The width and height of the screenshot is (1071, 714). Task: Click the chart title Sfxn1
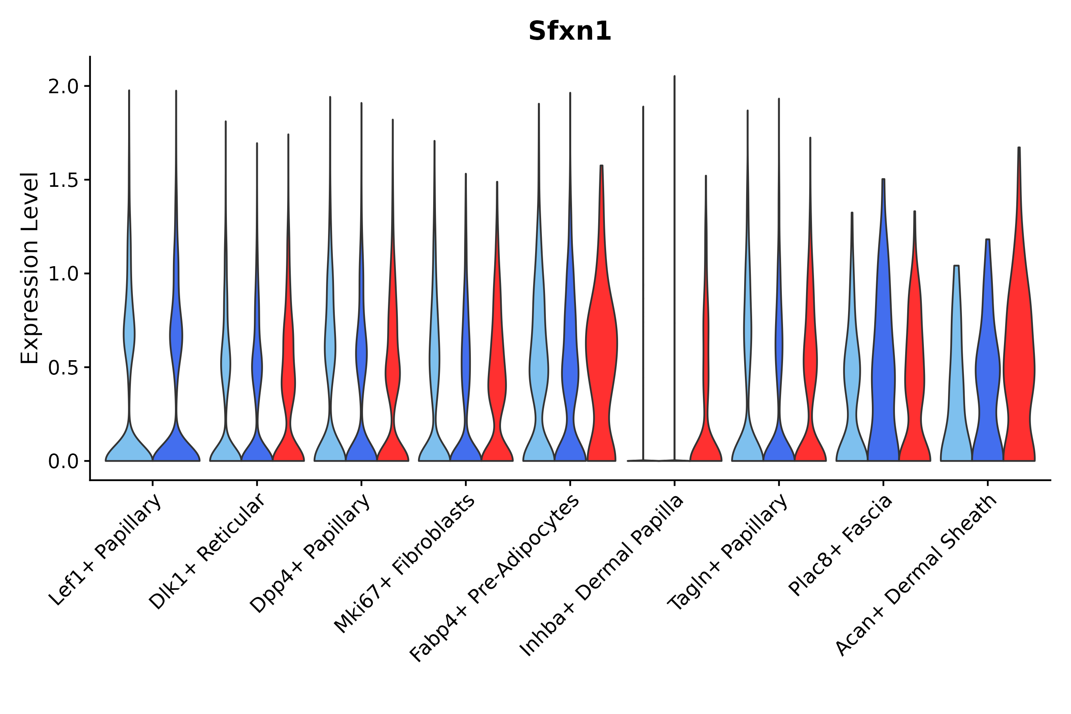(x=570, y=31)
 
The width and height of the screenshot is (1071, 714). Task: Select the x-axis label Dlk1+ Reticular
(x=207, y=552)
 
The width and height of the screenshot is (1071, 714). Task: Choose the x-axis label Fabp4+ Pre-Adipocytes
(x=495, y=578)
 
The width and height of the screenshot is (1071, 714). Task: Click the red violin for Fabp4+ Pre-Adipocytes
(x=601, y=346)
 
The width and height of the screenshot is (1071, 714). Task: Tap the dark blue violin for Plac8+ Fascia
(x=883, y=364)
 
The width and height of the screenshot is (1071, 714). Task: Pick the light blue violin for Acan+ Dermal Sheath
(x=956, y=387)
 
